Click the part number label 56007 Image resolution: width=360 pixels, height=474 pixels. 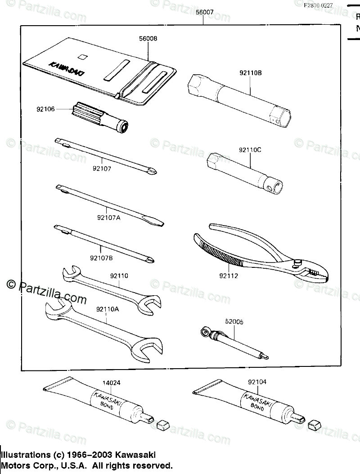click(x=205, y=13)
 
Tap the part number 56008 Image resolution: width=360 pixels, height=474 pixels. click(x=148, y=39)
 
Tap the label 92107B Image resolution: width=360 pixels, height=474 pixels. click(x=101, y=258)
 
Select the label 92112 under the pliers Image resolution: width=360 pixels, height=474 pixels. click(x=229, y=276)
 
